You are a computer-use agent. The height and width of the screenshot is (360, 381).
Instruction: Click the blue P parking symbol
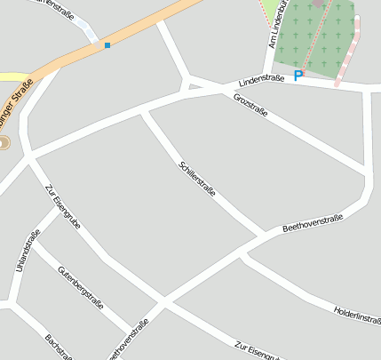[x=298, y=76]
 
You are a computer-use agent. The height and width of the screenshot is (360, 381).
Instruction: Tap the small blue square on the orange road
[x=107, y=44]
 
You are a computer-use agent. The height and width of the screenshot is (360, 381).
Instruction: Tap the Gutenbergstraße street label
[x=81, y=285]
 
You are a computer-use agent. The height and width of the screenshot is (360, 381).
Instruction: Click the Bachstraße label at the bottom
[x=58, y=348]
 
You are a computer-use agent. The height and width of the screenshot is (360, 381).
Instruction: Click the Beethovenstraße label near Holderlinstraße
[x=313, y=223]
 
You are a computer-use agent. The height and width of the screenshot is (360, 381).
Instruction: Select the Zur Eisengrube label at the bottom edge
[x=258, y=351]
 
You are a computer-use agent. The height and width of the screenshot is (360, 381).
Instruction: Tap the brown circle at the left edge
[x=3, y=142]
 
